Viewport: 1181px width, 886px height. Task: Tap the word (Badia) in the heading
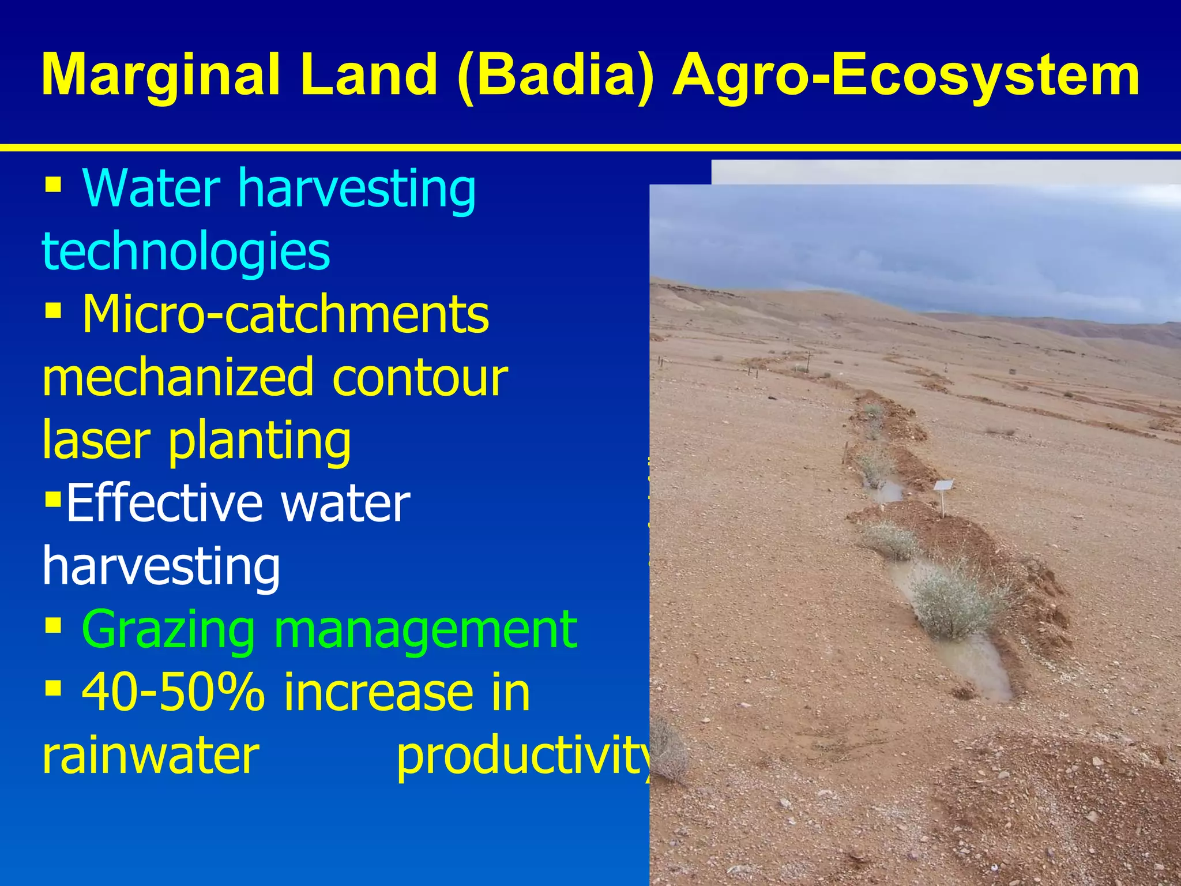[556, 76]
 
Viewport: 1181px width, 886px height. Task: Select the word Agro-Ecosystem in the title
[906, 76]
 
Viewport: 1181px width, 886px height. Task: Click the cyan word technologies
[186, 251]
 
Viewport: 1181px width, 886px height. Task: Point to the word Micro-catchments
[285, 315]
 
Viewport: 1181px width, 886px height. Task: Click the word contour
[420, 377]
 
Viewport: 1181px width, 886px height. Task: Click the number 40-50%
[173, 692]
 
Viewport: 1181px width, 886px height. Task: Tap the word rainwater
[151, 756]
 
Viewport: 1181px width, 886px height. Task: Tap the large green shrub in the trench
[954, 600]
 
